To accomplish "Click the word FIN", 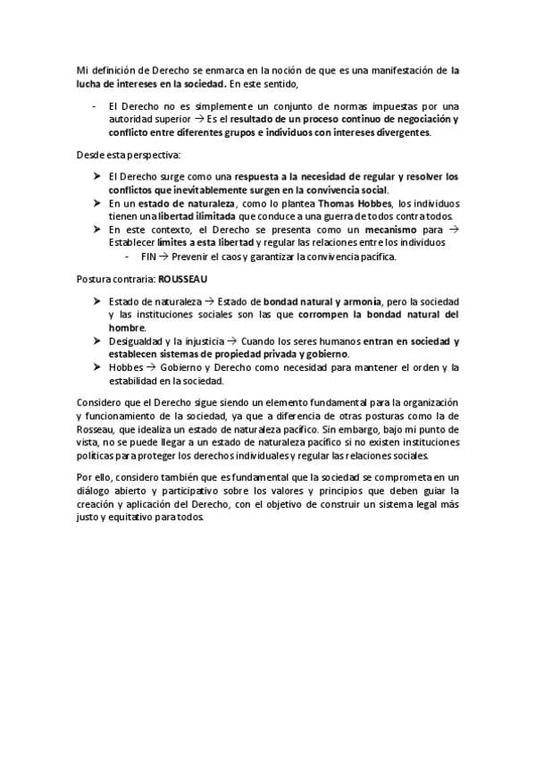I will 147,257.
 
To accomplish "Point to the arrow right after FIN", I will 165,257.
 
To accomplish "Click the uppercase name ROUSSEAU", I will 182,279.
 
